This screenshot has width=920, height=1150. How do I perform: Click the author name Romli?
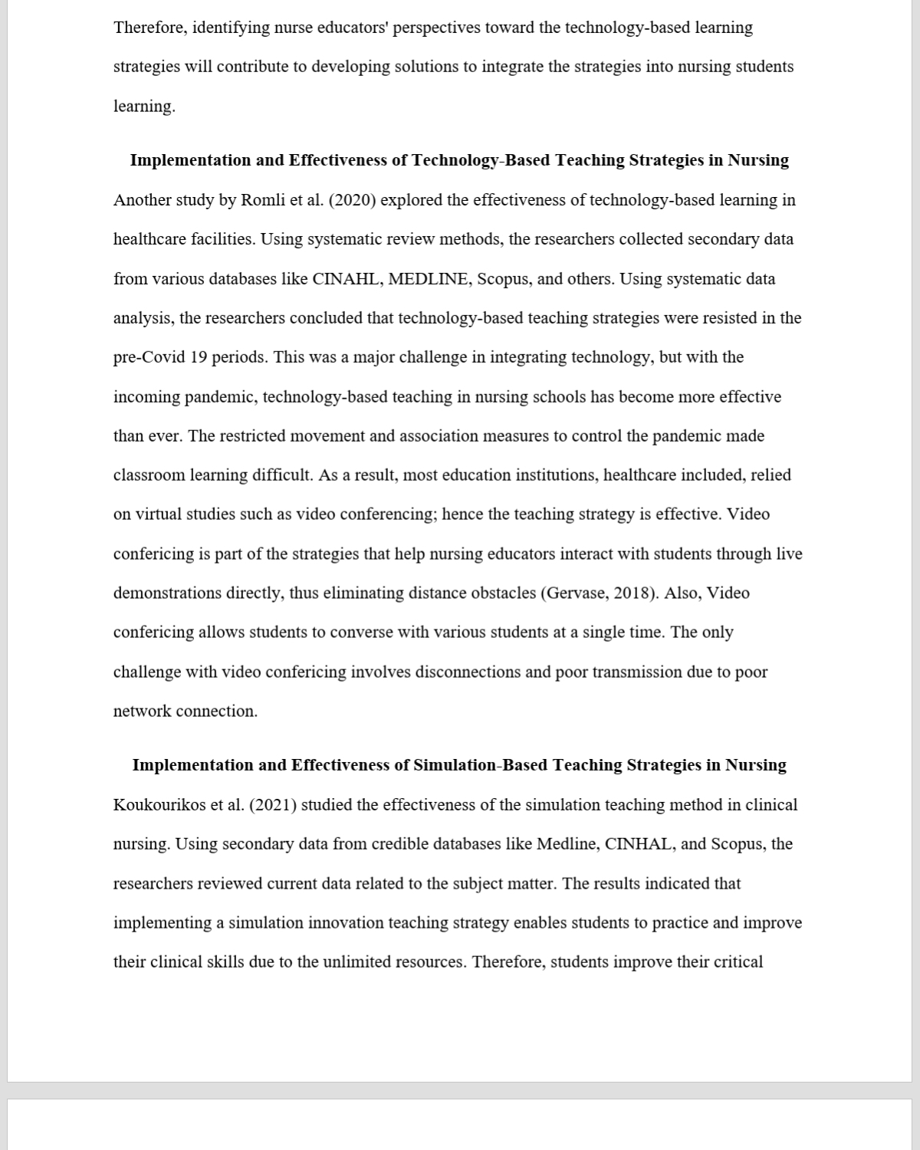263,200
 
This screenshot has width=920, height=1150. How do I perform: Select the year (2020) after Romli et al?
352,200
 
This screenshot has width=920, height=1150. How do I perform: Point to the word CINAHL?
346,279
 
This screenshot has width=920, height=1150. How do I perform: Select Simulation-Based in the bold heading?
481,765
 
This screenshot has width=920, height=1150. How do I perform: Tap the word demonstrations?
168,593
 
